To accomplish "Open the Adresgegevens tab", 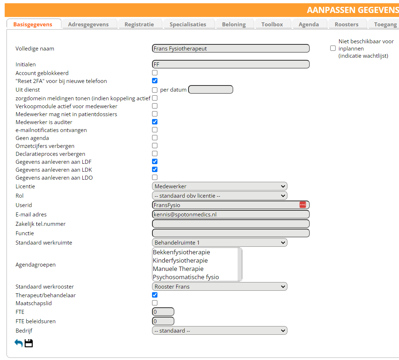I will [x=88, y=25].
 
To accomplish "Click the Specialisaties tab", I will [x=188, y=25].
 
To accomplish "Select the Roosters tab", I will [x=346, y=25].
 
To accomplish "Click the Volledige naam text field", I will [x=231, y=48].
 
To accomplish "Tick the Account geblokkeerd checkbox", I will [x=155, y=73].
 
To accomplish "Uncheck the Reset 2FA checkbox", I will [x=155, y=81].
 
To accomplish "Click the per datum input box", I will [x=211, y=89].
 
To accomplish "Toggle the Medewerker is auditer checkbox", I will [x=155, y=122].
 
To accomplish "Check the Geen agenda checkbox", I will [x=155, y=138].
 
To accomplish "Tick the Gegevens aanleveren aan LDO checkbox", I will [x=155, y=177].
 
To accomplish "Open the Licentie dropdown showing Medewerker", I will [x=220, y=186].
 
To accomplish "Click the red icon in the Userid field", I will [x=303, y=205].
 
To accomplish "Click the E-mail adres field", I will [x=231, y=214].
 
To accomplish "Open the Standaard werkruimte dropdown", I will [x=220, y=243].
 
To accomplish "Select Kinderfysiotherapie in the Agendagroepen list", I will [x=180, y=260].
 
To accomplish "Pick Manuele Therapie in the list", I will [x=178, y=269].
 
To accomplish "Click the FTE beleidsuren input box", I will [x=163, y=321].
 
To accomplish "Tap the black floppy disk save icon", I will [x=29, y=343].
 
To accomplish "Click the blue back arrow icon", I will [x=18, y=343].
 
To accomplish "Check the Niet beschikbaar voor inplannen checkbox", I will [x=333, y=48].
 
